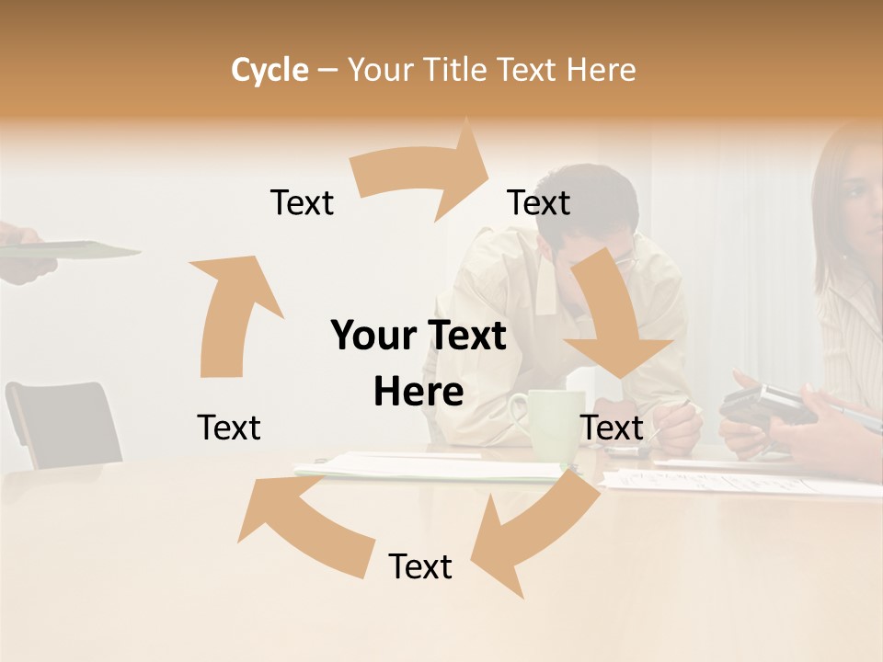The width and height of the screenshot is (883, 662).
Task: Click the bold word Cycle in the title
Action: click(269, 70)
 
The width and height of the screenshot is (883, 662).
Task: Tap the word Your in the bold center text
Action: click(372, 336)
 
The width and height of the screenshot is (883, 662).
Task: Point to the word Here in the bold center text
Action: click(419, 393)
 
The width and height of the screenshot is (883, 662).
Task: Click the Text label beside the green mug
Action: click(612, 428)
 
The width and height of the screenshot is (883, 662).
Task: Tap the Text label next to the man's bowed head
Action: click(539, 202)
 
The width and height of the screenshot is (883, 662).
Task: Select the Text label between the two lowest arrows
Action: click(420, 566)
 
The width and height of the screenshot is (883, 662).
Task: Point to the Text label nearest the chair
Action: click(229, 428)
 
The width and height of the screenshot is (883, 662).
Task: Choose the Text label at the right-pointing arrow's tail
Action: click(302, 202)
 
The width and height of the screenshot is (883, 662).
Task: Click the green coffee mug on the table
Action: click(551, 423)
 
